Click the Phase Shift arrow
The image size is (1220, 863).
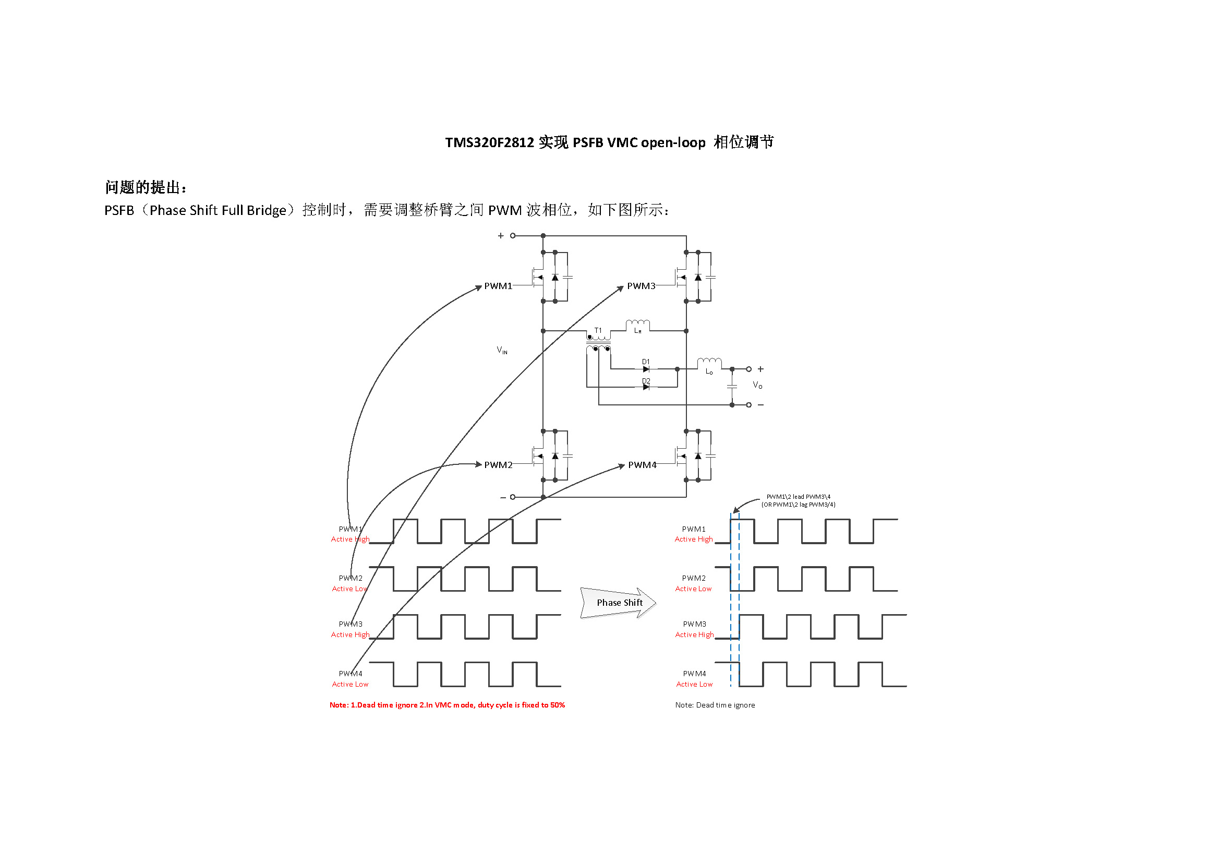point(619,603)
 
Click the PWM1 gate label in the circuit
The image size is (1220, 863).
point(498,286)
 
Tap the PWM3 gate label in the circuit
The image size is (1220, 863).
point(641,286)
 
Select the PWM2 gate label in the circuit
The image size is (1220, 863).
point(498,465)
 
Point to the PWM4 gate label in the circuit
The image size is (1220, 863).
point(642,465)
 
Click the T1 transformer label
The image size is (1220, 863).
point(598,330)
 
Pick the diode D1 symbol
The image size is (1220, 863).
point(646,369)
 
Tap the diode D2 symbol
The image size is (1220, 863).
point(646,387)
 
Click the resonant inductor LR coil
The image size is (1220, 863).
point(637,323)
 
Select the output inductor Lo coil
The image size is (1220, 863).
point(709,363)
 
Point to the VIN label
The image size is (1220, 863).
point(502,350)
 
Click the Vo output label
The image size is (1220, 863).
point(757,385)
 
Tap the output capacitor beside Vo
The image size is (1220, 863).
point(732,386)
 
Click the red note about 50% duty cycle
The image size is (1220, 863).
point(447,705)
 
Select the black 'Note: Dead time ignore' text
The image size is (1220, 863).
point(715,705)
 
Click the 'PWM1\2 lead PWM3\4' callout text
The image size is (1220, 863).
point(798,497)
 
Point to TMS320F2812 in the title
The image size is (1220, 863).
point(489,142)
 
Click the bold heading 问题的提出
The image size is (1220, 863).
point(146,187)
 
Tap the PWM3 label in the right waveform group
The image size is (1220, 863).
point(694,624)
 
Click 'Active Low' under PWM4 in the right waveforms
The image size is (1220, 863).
point(694,685)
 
